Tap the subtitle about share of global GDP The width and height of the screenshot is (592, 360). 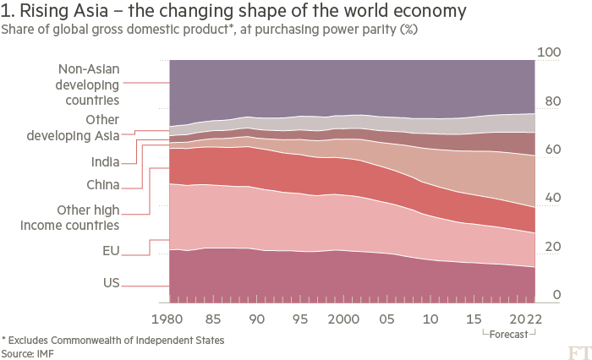pos(209,29)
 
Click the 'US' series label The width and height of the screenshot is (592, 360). pos(110,282)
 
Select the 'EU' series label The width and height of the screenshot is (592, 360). pos(110,250)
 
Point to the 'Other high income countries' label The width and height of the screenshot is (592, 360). pos(87,217)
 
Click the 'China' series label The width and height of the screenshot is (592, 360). pos(102,184)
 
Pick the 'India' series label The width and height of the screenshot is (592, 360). pos(105,161)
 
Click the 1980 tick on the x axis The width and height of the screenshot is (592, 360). pos(170,320)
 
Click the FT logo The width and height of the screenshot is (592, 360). pos(578,350)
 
